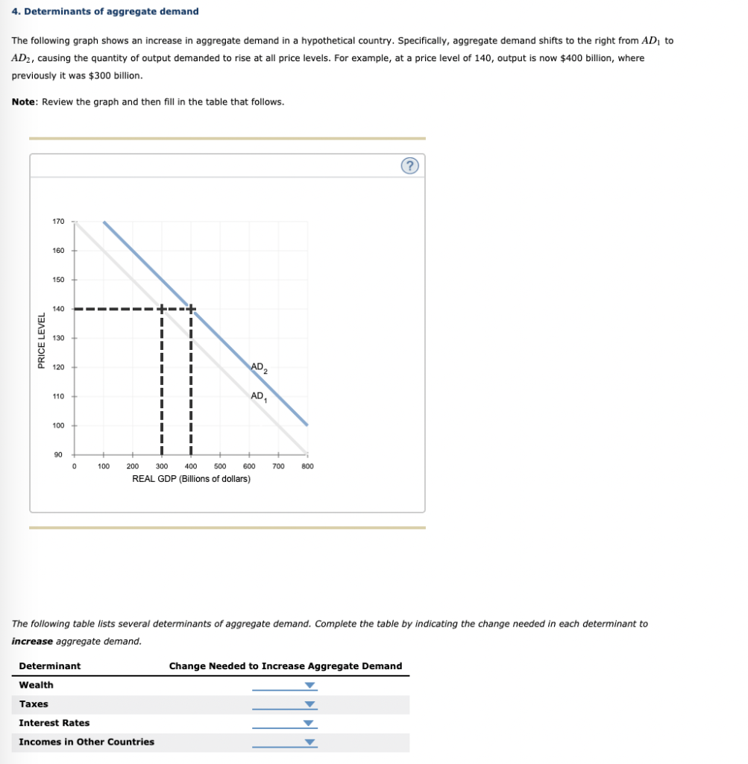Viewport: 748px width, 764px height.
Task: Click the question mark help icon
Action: tap(409, 166)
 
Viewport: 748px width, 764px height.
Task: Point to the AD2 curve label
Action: tap(260, 367)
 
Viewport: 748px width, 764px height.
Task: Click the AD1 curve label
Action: tap(259, 396)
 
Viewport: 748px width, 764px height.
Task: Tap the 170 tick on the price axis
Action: tap(58, 222)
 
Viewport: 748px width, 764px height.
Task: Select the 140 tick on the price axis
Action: tap(58, 309)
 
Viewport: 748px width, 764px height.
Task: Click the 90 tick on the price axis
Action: tap(58, 454)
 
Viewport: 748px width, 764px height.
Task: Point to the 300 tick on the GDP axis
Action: tap(161, 466)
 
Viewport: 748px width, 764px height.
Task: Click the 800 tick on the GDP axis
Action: tap(307, 466)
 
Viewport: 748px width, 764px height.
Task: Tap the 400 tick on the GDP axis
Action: tap(190, 466)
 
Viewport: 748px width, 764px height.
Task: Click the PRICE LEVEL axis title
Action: tap(42, 338)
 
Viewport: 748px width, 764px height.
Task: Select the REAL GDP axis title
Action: tap(191, 478)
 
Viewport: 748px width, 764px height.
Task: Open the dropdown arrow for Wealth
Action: tap(310, 686)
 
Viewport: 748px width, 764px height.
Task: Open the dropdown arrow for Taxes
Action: tap(310, 705)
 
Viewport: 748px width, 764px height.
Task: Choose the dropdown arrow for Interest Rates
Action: tap(310, 724)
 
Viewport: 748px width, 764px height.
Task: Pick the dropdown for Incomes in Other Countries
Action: tap(310, 742)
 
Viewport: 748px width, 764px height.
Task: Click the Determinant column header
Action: tap(50, 666)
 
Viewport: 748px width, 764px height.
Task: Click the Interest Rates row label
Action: tap(54, 723)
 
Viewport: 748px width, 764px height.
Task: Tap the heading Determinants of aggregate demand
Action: tap(105, 11)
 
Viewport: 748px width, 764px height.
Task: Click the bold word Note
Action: tap(25, 101)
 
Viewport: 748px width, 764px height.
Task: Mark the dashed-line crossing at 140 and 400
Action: tap(190, 309)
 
